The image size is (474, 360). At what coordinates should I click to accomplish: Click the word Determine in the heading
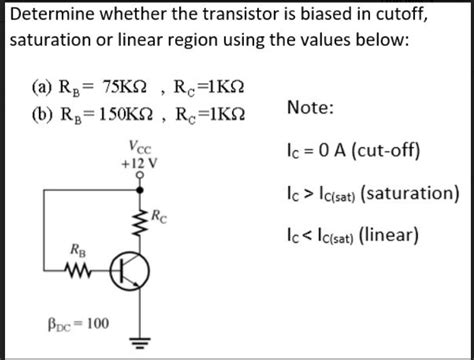pos(51,15)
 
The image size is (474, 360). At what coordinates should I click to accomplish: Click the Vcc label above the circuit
pos(139,151)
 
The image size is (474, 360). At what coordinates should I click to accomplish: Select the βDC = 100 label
pos(81,322)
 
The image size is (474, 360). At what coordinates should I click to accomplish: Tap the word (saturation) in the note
pos(411,193)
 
